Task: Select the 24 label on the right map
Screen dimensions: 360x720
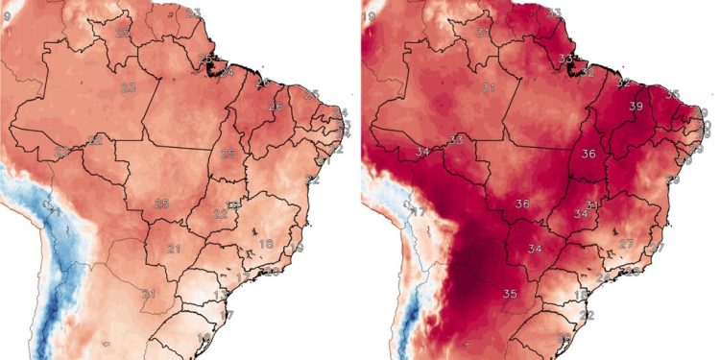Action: pos(603,276)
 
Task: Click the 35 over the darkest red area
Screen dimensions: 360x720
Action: pos(510,293)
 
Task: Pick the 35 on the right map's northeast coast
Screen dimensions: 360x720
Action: pos(673,94)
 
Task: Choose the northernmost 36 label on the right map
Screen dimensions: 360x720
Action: pos(588,154)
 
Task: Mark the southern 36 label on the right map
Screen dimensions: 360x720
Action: pos(523,204)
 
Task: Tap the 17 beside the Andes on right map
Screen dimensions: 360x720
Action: pos(418,211)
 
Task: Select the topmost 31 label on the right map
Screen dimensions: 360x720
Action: pos(484,32)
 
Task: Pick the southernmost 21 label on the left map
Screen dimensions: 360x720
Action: pos(149,293)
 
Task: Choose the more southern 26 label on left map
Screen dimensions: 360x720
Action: pos(276,106)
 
